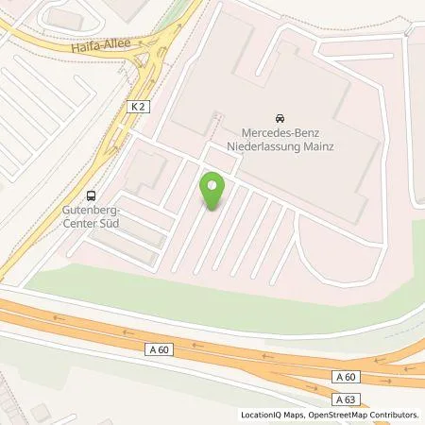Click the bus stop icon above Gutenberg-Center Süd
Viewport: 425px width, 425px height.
click(92, 196)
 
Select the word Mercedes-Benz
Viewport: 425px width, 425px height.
click(280, 135)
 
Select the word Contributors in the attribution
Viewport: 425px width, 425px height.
click(396, 415)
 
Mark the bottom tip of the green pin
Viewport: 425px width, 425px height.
click(213, 211)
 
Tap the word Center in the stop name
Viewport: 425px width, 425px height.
click(76, 226)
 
